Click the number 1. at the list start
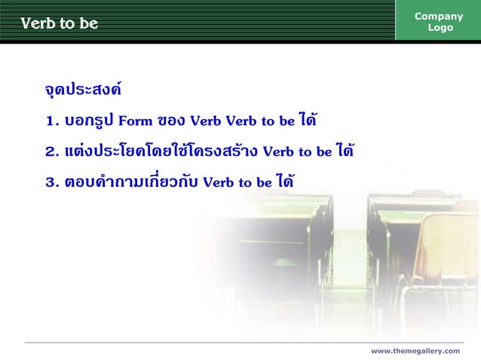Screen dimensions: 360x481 52,121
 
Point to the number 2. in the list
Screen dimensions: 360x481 52,152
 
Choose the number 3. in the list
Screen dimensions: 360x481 52,182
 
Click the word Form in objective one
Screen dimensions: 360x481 136,121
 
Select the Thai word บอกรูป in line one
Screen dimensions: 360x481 90,121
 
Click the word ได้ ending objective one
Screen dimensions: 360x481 307,120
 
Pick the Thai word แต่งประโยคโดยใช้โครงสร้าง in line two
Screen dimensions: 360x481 162,151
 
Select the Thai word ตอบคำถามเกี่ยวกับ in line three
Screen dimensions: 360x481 132,182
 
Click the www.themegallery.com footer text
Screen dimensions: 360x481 415,351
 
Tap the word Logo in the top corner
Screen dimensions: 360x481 440,28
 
